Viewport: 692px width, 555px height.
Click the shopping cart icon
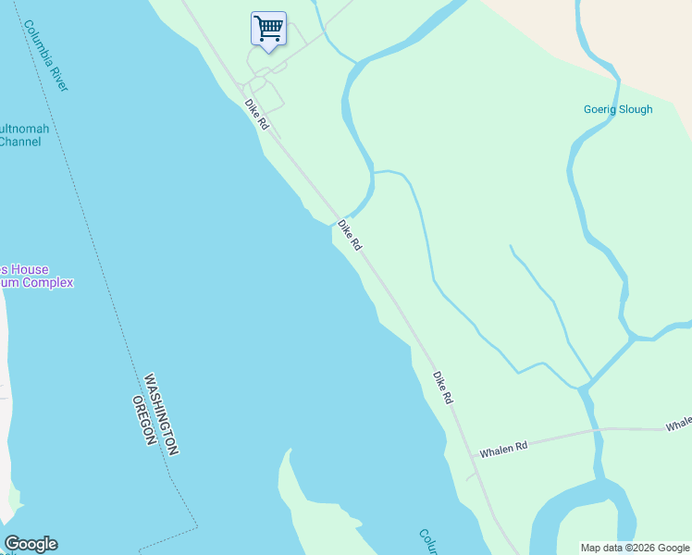point(268,29)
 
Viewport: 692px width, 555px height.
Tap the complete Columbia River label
point(47,56)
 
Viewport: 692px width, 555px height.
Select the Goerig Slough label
point(618,109)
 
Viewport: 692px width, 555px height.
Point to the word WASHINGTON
point(161,413)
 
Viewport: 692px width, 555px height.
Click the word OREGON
point(141,421)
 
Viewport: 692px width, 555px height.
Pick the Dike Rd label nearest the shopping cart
point(256,114)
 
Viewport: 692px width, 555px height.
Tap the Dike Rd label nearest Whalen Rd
point(443,387)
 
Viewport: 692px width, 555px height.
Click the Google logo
point(31,544)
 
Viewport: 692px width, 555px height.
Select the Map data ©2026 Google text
point(635,548)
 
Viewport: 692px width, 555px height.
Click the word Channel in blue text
point(19,142)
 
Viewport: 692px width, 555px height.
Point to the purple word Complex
point(47,282)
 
